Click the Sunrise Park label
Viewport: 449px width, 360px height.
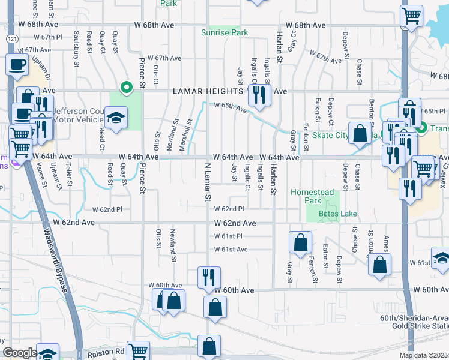tap(224, 32)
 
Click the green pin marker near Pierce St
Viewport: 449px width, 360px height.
tap(126, 88)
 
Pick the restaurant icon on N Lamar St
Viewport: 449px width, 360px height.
tap(208, 277)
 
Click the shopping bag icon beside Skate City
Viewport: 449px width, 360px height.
tap(360, 134)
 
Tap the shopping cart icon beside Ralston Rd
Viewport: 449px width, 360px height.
tap(139, 351)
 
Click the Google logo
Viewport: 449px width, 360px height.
tap(20, 353)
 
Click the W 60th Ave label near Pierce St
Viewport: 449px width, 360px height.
tap(169, 285)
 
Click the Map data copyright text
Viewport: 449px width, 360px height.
tap(423, 355)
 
